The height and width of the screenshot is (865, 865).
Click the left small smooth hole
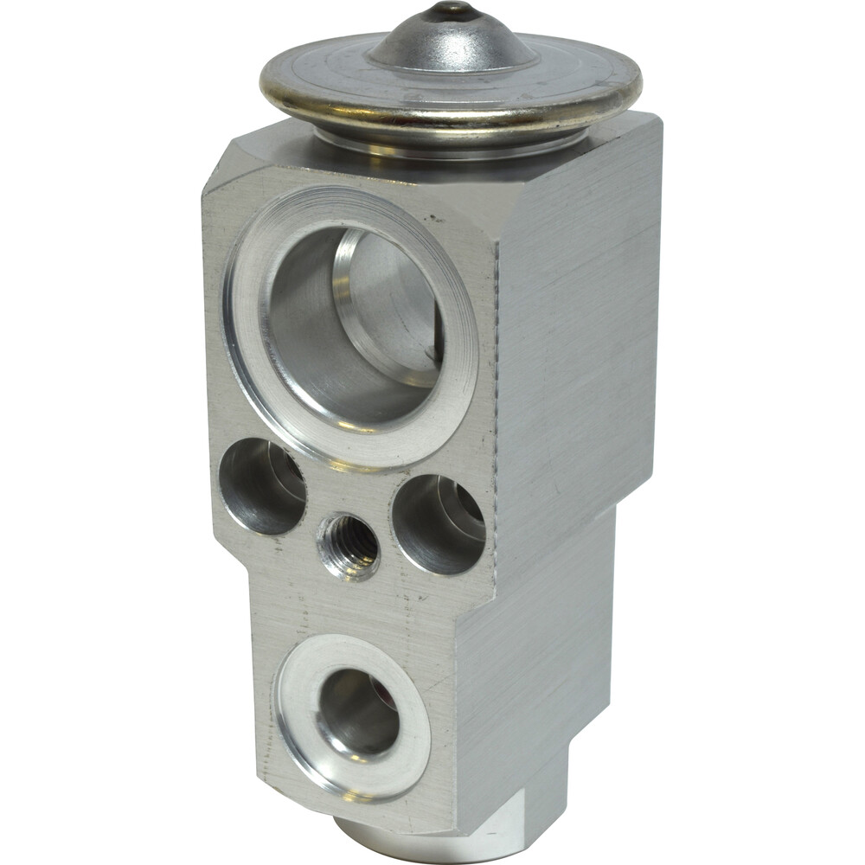point(262,486)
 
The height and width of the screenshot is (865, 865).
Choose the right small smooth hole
point(438,523)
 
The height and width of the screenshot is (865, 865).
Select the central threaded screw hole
point(348,547)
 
